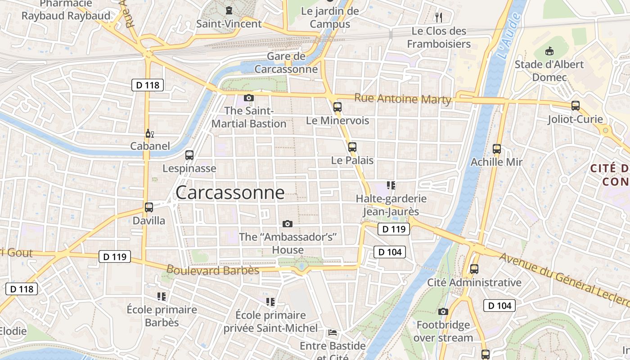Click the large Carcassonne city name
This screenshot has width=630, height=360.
[230, 193]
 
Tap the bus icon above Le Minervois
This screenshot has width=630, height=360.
[337, 107]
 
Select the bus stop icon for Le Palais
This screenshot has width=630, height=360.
[352, 147]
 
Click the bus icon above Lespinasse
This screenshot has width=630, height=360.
[189, 155]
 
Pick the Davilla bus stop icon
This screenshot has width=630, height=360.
[149, 207]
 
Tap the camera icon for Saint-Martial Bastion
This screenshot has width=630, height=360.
[248, 98]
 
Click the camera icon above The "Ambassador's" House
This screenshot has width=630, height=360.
[288, 224]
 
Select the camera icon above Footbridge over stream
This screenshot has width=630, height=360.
[443, 311]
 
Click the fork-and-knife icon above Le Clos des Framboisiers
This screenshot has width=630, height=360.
[439, 18]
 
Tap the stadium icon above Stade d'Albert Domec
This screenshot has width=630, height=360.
[549, 51]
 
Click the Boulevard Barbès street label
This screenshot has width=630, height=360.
[213, 270]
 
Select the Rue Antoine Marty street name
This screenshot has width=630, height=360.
[402, 99]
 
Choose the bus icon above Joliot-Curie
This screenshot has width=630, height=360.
[575, 106]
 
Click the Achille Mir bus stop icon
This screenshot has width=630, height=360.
[497, 148]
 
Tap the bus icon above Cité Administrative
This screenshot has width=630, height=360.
[474, 269]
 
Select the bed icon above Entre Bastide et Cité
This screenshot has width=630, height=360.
[333, 333]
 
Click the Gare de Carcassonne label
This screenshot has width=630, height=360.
[286, 63]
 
